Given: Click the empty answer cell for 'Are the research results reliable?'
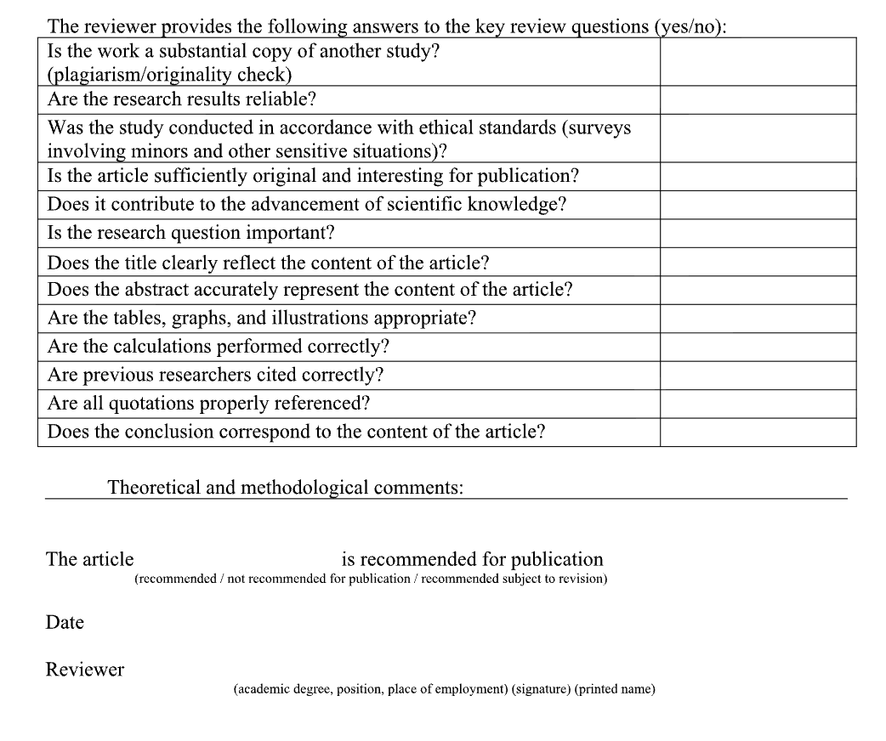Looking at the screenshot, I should pyautogui.click(x=758, y=100).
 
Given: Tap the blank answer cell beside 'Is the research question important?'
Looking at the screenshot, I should pyautogui.click(x=758, y=233).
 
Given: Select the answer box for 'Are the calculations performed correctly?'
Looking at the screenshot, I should pyautogui.click(x=758, y=347).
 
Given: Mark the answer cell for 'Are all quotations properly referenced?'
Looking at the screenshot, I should pyautogui.click(x=758, y=404).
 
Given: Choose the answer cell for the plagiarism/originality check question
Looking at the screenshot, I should pyautogui.click(x=758, y=61).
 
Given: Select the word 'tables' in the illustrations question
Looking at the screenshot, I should pyautogui.click(x=143, y=319).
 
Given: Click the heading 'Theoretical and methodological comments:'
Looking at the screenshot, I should pyautogui.click(x=286, y=488).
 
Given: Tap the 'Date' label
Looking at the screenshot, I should pyautogui.click(x=65, y=623).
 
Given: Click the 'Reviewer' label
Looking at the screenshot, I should pyautogui.click(x=85, y=670).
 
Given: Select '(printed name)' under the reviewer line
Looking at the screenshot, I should pyautogui.click(x=615, y=689).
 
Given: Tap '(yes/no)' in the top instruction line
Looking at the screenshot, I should pyautogui.click(x=691, y=26).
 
